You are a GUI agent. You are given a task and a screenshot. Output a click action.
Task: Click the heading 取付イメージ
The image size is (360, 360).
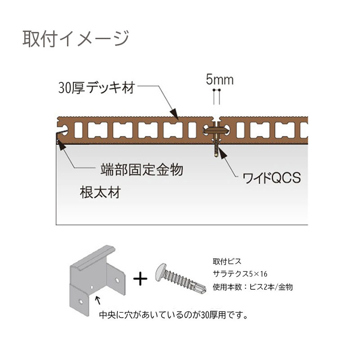coord(76,38)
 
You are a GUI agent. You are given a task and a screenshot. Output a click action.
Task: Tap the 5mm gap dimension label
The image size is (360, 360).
coord(220,80)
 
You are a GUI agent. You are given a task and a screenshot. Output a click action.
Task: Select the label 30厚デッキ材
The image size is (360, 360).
coord(97,87)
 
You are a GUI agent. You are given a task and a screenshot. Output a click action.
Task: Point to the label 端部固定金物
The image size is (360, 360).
coord(142,170)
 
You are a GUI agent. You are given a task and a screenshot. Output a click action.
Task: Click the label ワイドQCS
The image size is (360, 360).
coord(272,178)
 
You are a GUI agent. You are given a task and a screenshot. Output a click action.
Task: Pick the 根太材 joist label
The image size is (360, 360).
coord(100,193)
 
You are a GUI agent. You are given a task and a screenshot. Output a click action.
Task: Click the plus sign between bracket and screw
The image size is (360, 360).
coord(140,279)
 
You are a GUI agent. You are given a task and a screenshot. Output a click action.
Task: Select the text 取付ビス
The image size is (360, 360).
coord(227,261)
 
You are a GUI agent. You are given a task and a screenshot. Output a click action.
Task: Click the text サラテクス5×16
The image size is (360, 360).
coord(240,274)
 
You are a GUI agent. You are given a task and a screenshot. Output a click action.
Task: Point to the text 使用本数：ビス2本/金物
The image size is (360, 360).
coord(252,287)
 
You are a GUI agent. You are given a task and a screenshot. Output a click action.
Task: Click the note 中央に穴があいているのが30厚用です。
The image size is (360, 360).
coord(174,315)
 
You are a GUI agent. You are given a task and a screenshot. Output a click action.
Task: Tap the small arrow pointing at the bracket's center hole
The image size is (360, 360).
coord(98,300)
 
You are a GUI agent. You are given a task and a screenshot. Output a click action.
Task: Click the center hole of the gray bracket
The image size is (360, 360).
coord(92,287)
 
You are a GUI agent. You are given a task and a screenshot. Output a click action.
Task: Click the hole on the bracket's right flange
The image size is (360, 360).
coord(117,280)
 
